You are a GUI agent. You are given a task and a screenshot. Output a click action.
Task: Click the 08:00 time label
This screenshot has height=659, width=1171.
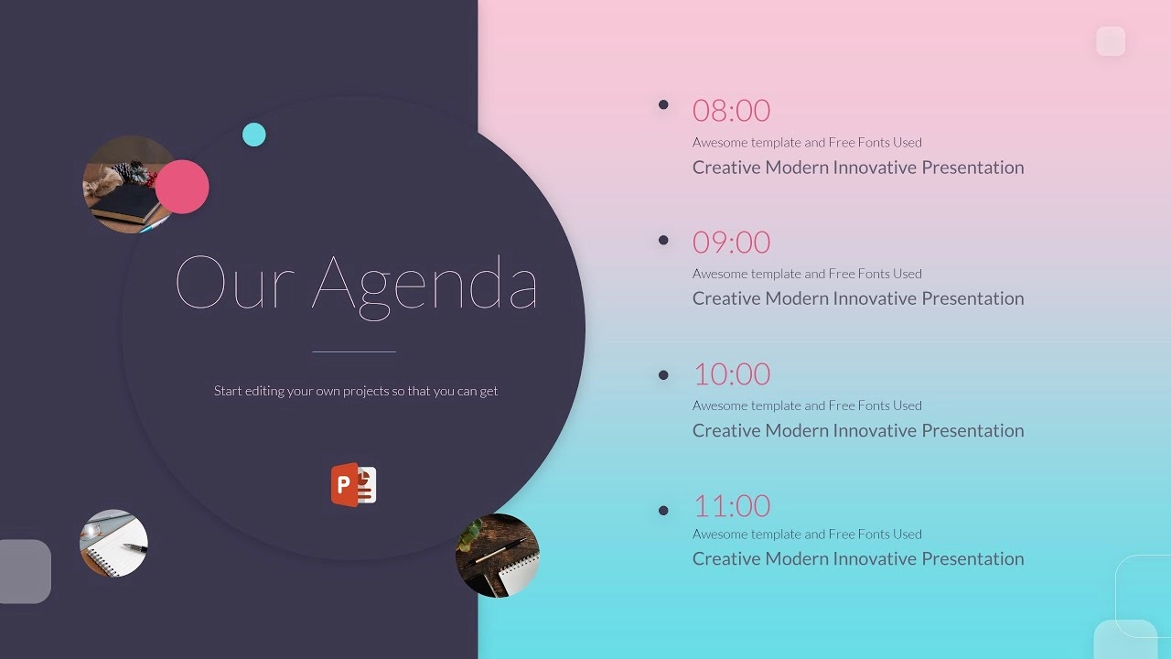(731, 111)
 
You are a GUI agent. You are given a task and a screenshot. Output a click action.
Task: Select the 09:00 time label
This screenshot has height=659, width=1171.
(731, 243)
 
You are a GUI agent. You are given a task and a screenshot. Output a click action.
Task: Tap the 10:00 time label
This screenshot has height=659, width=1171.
(732, 374)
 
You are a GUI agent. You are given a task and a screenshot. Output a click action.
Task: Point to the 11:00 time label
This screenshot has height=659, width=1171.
(732, 506)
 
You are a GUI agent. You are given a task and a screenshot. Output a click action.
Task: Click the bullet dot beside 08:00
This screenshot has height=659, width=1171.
(663, 104)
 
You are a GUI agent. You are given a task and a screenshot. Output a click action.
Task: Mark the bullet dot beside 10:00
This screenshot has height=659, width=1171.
(663, 375)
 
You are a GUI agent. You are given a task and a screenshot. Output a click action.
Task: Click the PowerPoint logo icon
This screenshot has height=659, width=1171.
(353, 484)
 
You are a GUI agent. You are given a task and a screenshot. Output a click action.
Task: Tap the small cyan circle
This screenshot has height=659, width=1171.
(254, 135)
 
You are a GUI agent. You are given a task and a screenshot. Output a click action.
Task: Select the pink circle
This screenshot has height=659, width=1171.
(182, 187)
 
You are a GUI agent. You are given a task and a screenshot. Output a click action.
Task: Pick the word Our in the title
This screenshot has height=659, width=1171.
(235, 283)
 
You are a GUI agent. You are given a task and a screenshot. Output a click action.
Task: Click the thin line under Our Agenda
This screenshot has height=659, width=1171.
(354, 352)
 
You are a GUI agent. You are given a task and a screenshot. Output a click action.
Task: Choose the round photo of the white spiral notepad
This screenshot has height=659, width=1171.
(113, 543)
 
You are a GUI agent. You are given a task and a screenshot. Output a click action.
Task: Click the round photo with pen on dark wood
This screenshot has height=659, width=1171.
(497, 556)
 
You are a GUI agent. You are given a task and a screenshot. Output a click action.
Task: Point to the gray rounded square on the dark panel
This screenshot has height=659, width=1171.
(24, 571)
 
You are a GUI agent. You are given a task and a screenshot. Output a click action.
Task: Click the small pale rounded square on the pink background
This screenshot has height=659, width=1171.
(1111, 41)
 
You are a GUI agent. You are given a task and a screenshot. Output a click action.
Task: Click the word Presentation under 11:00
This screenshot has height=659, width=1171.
(972, 559)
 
